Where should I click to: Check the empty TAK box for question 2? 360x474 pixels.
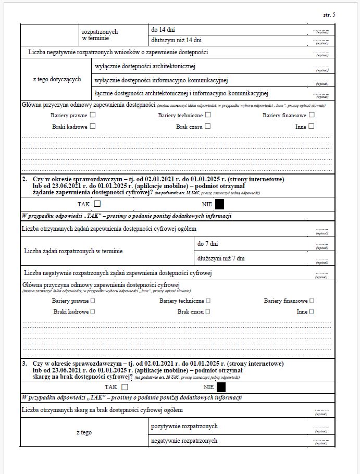tap(97, 204)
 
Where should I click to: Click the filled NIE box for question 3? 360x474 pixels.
tap(221, 387)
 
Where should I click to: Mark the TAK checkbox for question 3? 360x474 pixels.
tap(125, 387)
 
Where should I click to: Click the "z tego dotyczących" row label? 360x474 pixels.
tap(57, 79)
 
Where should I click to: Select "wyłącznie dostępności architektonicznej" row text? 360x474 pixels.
tap(145, 66)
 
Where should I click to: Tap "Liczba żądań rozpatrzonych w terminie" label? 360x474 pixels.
tap(73, 251)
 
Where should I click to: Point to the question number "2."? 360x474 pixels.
tap(24, 179)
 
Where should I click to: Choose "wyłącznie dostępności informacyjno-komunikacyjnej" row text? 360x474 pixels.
tap(162, 80)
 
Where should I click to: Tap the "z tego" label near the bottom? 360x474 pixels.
tap(84, 433)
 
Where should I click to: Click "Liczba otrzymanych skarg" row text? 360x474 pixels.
tap(102, 410)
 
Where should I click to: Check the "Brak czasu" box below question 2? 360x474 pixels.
tap(208, 311)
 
